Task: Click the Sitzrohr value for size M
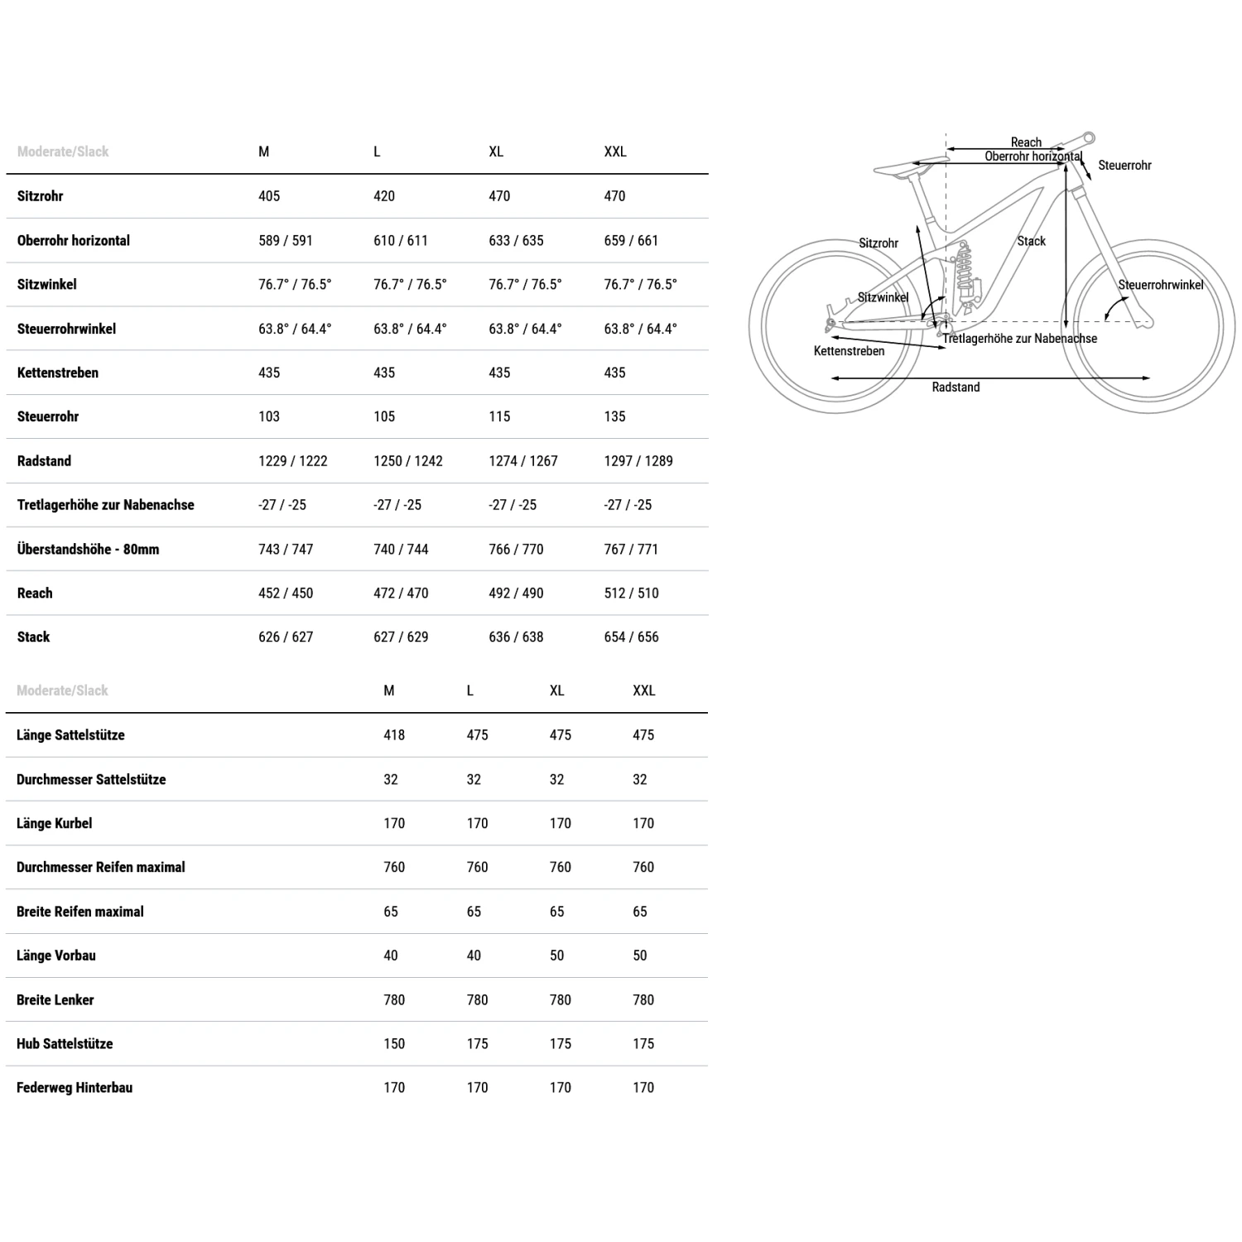(269, 196)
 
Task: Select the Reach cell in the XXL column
(631, 593)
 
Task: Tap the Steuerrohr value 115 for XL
(499, 416)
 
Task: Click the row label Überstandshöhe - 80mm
(88, 549)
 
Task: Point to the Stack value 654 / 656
(631, 637)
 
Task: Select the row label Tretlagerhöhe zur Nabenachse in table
(105, 505)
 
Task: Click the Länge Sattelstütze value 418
(394, 735)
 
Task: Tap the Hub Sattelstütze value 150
(394, 1044)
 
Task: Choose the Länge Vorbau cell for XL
(556, 956)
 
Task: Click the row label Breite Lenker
(55, 1000)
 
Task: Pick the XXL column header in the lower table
(643, 691)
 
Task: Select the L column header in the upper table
(377, 152)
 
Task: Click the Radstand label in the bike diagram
(956, 388)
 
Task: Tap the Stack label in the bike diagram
(1031, 241)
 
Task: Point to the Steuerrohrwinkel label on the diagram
(1160, 285)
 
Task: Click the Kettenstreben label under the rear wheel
(849, 351)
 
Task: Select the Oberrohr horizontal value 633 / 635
(516, 241)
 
